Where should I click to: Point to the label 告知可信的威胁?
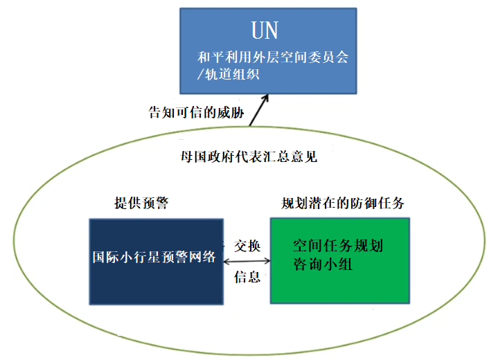(196, 112)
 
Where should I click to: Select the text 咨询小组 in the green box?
(322, 264)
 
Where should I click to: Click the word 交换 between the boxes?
(247, 246)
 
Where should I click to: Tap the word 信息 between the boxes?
(247, 277)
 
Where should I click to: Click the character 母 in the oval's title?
(185, 157)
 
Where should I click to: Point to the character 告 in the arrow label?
(155, 112)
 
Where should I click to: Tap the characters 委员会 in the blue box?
(328, 58)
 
